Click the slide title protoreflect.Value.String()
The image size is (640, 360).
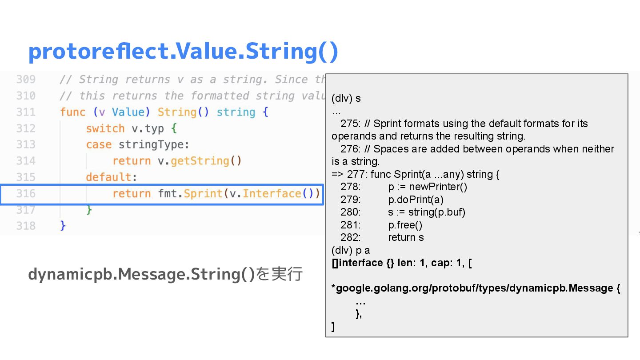click(x=183, y=52)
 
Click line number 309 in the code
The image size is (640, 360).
click(x=26, y=80)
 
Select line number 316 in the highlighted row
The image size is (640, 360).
click(x=26, y=194)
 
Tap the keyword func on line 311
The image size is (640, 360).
click(x=72, y=112)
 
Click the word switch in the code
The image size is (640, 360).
click(x=105, y=128)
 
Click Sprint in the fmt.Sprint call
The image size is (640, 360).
click(x=203, y=194)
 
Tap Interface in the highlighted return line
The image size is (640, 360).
click(x=272, y=194)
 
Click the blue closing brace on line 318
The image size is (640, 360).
click(x=63, y=226)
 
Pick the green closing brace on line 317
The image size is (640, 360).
click(x=89, y=210)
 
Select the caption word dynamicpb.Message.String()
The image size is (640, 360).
click(x=142, y=274)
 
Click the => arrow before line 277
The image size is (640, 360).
click(x=337, y=174)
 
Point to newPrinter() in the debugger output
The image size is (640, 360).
click(x=438, y=187)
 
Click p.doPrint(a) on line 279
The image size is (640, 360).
click(x=416, y=200)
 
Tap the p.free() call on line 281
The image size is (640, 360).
click(x=405, y=225)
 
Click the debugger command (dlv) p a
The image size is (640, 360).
click(x=351, y=250)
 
